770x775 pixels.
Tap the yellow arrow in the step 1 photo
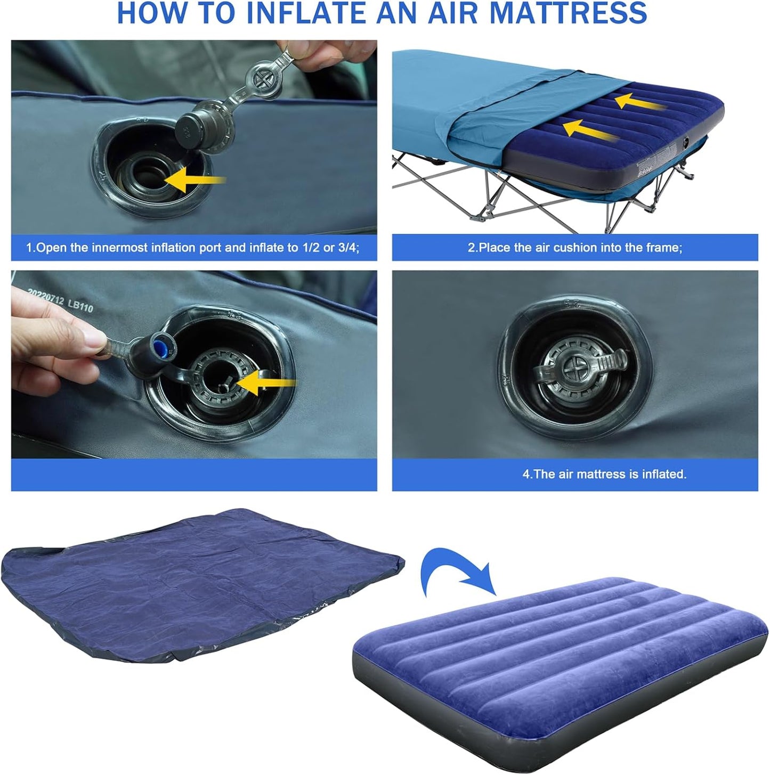[194, 181]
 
